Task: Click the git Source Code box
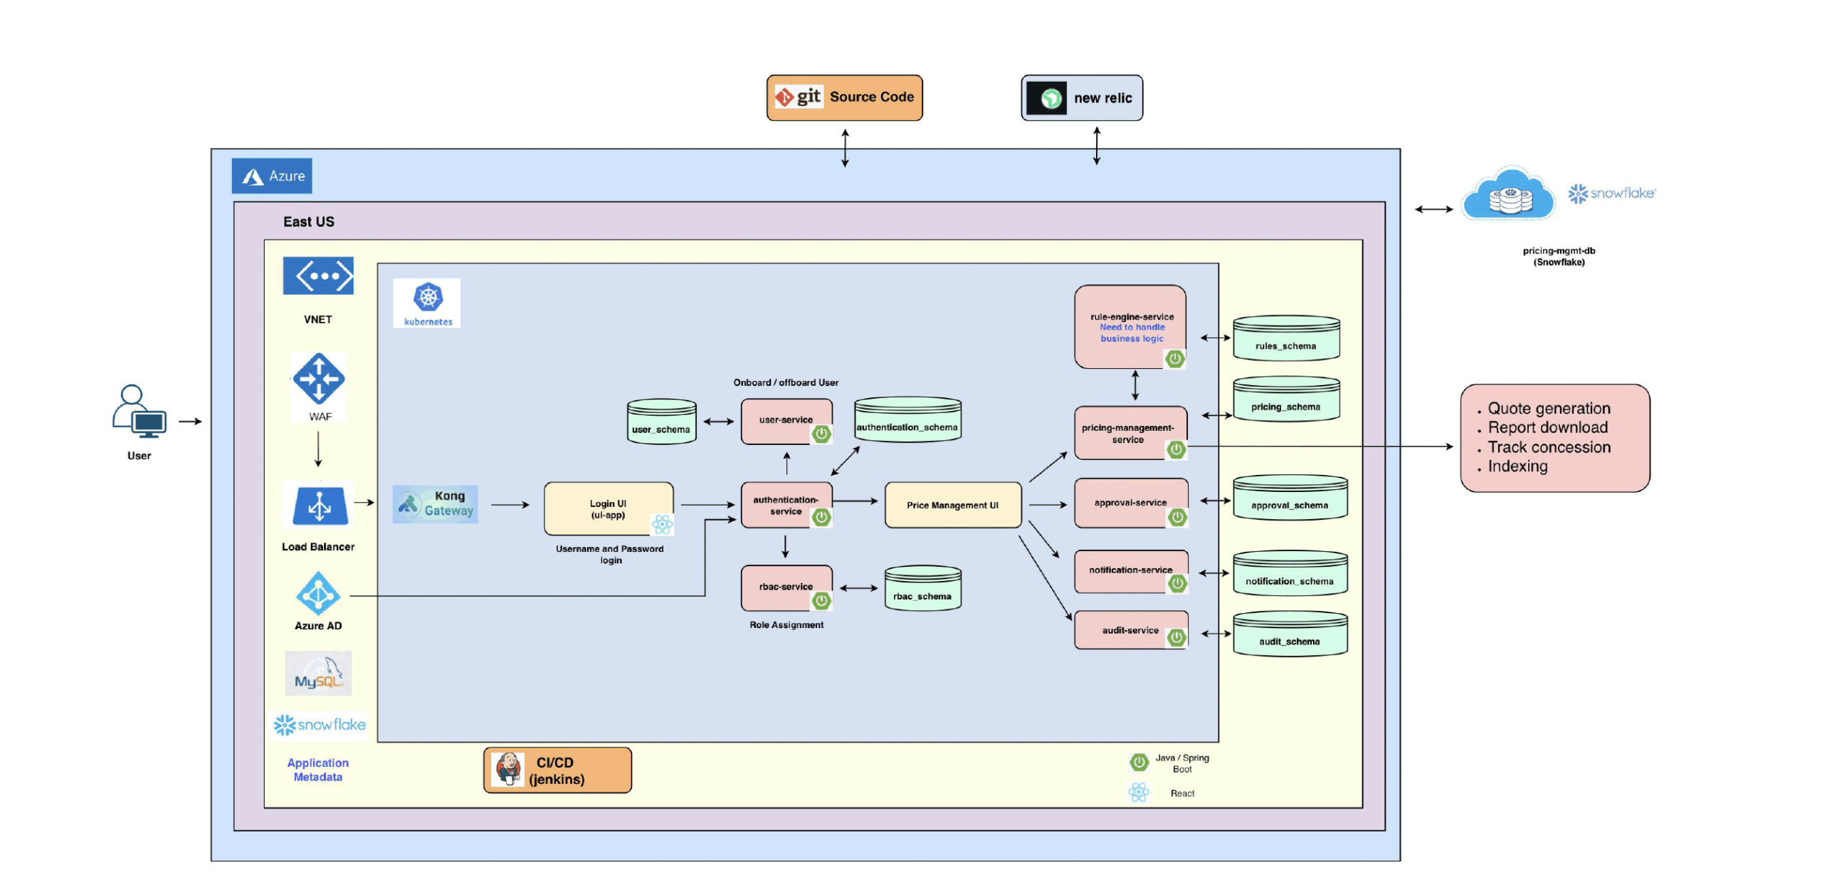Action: point(844,98)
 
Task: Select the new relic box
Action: point(1081,98)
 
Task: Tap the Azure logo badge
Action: point(271,176)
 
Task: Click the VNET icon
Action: point(317,276)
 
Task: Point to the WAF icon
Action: point(318,379)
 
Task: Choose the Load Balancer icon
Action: point(318,506)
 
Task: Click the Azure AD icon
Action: point(317,593)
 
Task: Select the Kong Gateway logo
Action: point(435,504)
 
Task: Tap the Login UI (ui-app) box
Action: point(608,508)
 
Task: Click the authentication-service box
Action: point(786,506)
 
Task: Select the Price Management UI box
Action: point(952,505)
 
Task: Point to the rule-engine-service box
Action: point(1129,327)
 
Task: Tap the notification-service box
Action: point(1130,570)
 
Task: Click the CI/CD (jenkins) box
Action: point(557,770)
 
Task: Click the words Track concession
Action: point(1549,447)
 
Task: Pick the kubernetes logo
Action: point(427,303)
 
